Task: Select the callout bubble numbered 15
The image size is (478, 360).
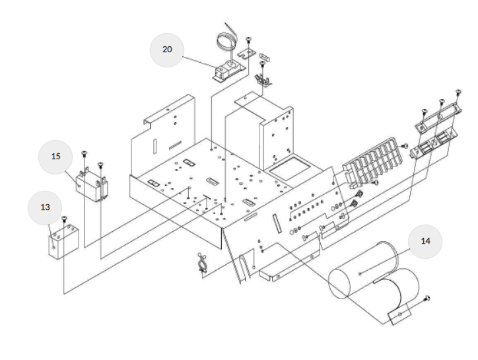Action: coord(56,156)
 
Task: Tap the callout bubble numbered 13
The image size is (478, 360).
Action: coord(45,207)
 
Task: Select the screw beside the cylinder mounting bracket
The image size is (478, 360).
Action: coord(427,299)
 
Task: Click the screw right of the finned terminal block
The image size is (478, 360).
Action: coord(405,145)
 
